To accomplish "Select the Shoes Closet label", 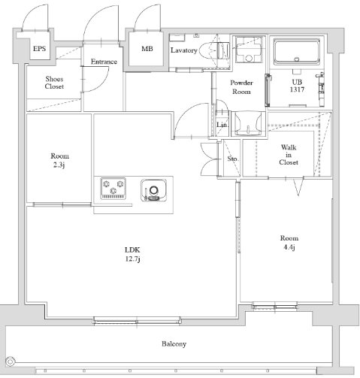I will tap(53, 83).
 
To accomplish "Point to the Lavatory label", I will tap(183, 50).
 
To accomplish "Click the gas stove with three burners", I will tap(112, 189).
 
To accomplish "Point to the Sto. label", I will tap(232, 159).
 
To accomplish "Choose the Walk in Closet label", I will tap(289, 154).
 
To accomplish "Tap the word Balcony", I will tap(173, 344).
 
